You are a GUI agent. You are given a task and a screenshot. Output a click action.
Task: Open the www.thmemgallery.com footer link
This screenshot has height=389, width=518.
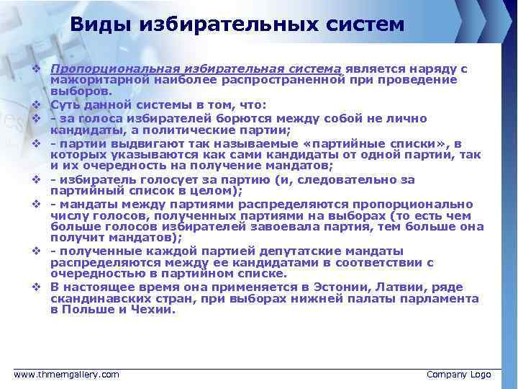click(x=68, y=374)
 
